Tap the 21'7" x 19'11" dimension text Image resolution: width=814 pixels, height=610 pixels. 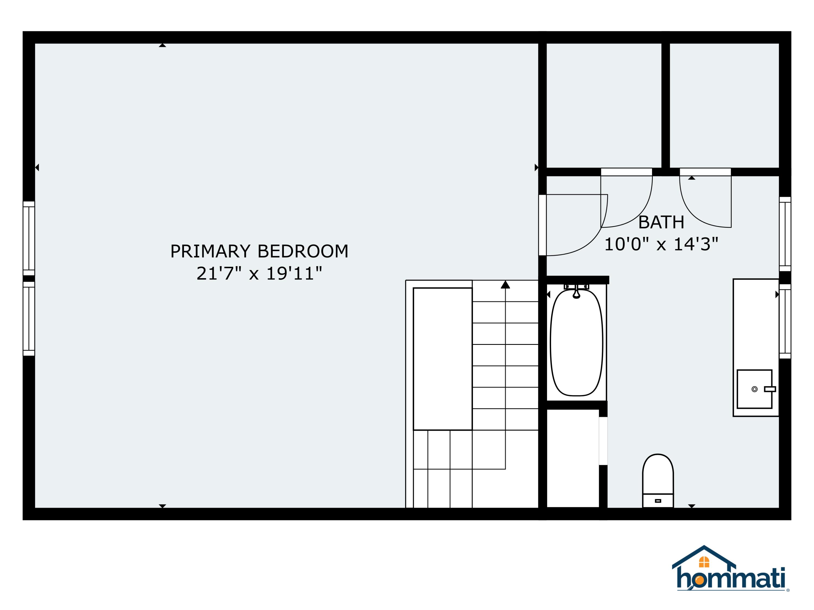point(259,273)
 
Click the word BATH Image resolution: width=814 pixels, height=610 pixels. point(661,222)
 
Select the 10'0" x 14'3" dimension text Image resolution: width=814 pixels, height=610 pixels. point(661,244)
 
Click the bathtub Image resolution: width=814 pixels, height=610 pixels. point(576,343)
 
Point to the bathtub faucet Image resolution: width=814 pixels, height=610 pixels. point(576,292)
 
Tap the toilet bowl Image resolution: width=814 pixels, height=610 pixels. point(658,474)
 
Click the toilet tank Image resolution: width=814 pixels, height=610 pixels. point(658,500)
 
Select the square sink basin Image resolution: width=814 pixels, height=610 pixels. point(754,389)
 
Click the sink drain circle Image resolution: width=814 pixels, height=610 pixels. point(754,389)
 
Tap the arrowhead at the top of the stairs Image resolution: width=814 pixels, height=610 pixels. point(505,285)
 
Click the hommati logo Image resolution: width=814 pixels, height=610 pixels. point(730,574)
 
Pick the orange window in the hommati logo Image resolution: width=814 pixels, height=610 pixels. point(704,562)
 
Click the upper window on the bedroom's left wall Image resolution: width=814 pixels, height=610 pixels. point(29,238)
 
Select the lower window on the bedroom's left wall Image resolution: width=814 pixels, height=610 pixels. point(29,319)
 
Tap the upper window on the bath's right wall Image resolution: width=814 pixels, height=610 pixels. point(785,234)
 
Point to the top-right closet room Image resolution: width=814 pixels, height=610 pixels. point(724,105)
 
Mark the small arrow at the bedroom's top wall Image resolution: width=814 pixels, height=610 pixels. point(162,46)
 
